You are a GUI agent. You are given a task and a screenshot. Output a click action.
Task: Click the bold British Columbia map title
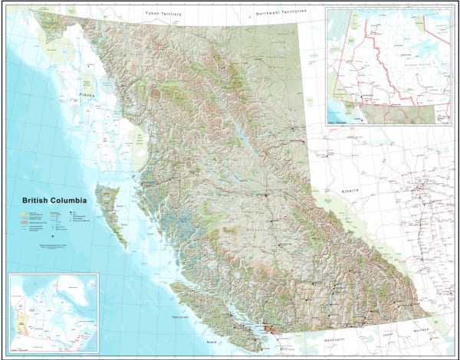(54, 201)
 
